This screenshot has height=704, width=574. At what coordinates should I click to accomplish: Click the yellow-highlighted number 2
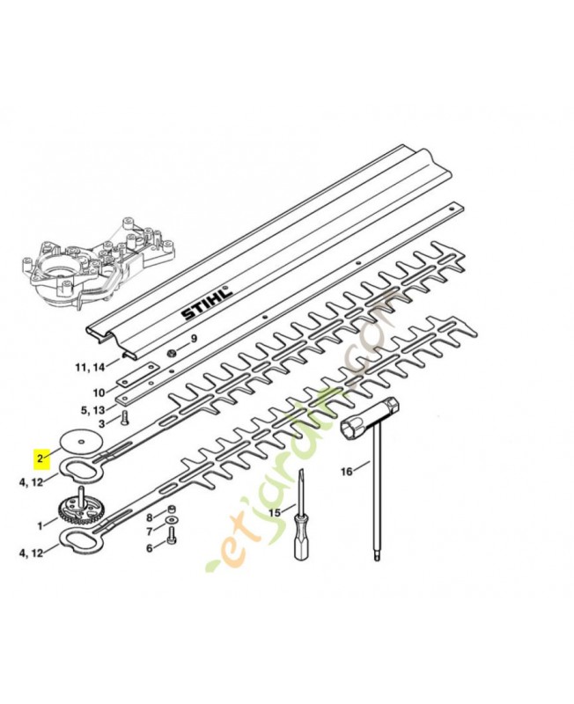point(39,458)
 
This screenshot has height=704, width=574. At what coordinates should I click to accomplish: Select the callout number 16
point(346,472)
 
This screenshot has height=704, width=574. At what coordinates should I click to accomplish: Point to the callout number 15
point(274,511)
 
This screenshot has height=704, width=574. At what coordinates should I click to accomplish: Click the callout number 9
point(194,340)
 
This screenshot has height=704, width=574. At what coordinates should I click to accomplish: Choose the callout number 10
point(99,392)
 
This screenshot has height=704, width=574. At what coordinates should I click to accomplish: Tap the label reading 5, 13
point(94,409)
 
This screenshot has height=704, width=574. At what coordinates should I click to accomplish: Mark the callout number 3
point(100,424)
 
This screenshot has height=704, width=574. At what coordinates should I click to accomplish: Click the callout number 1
point(40,525)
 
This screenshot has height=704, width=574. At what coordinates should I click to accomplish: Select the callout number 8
point(149,517)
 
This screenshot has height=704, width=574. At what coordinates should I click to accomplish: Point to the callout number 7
point(149,532)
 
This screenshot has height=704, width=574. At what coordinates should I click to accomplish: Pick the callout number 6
point(149,547)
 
